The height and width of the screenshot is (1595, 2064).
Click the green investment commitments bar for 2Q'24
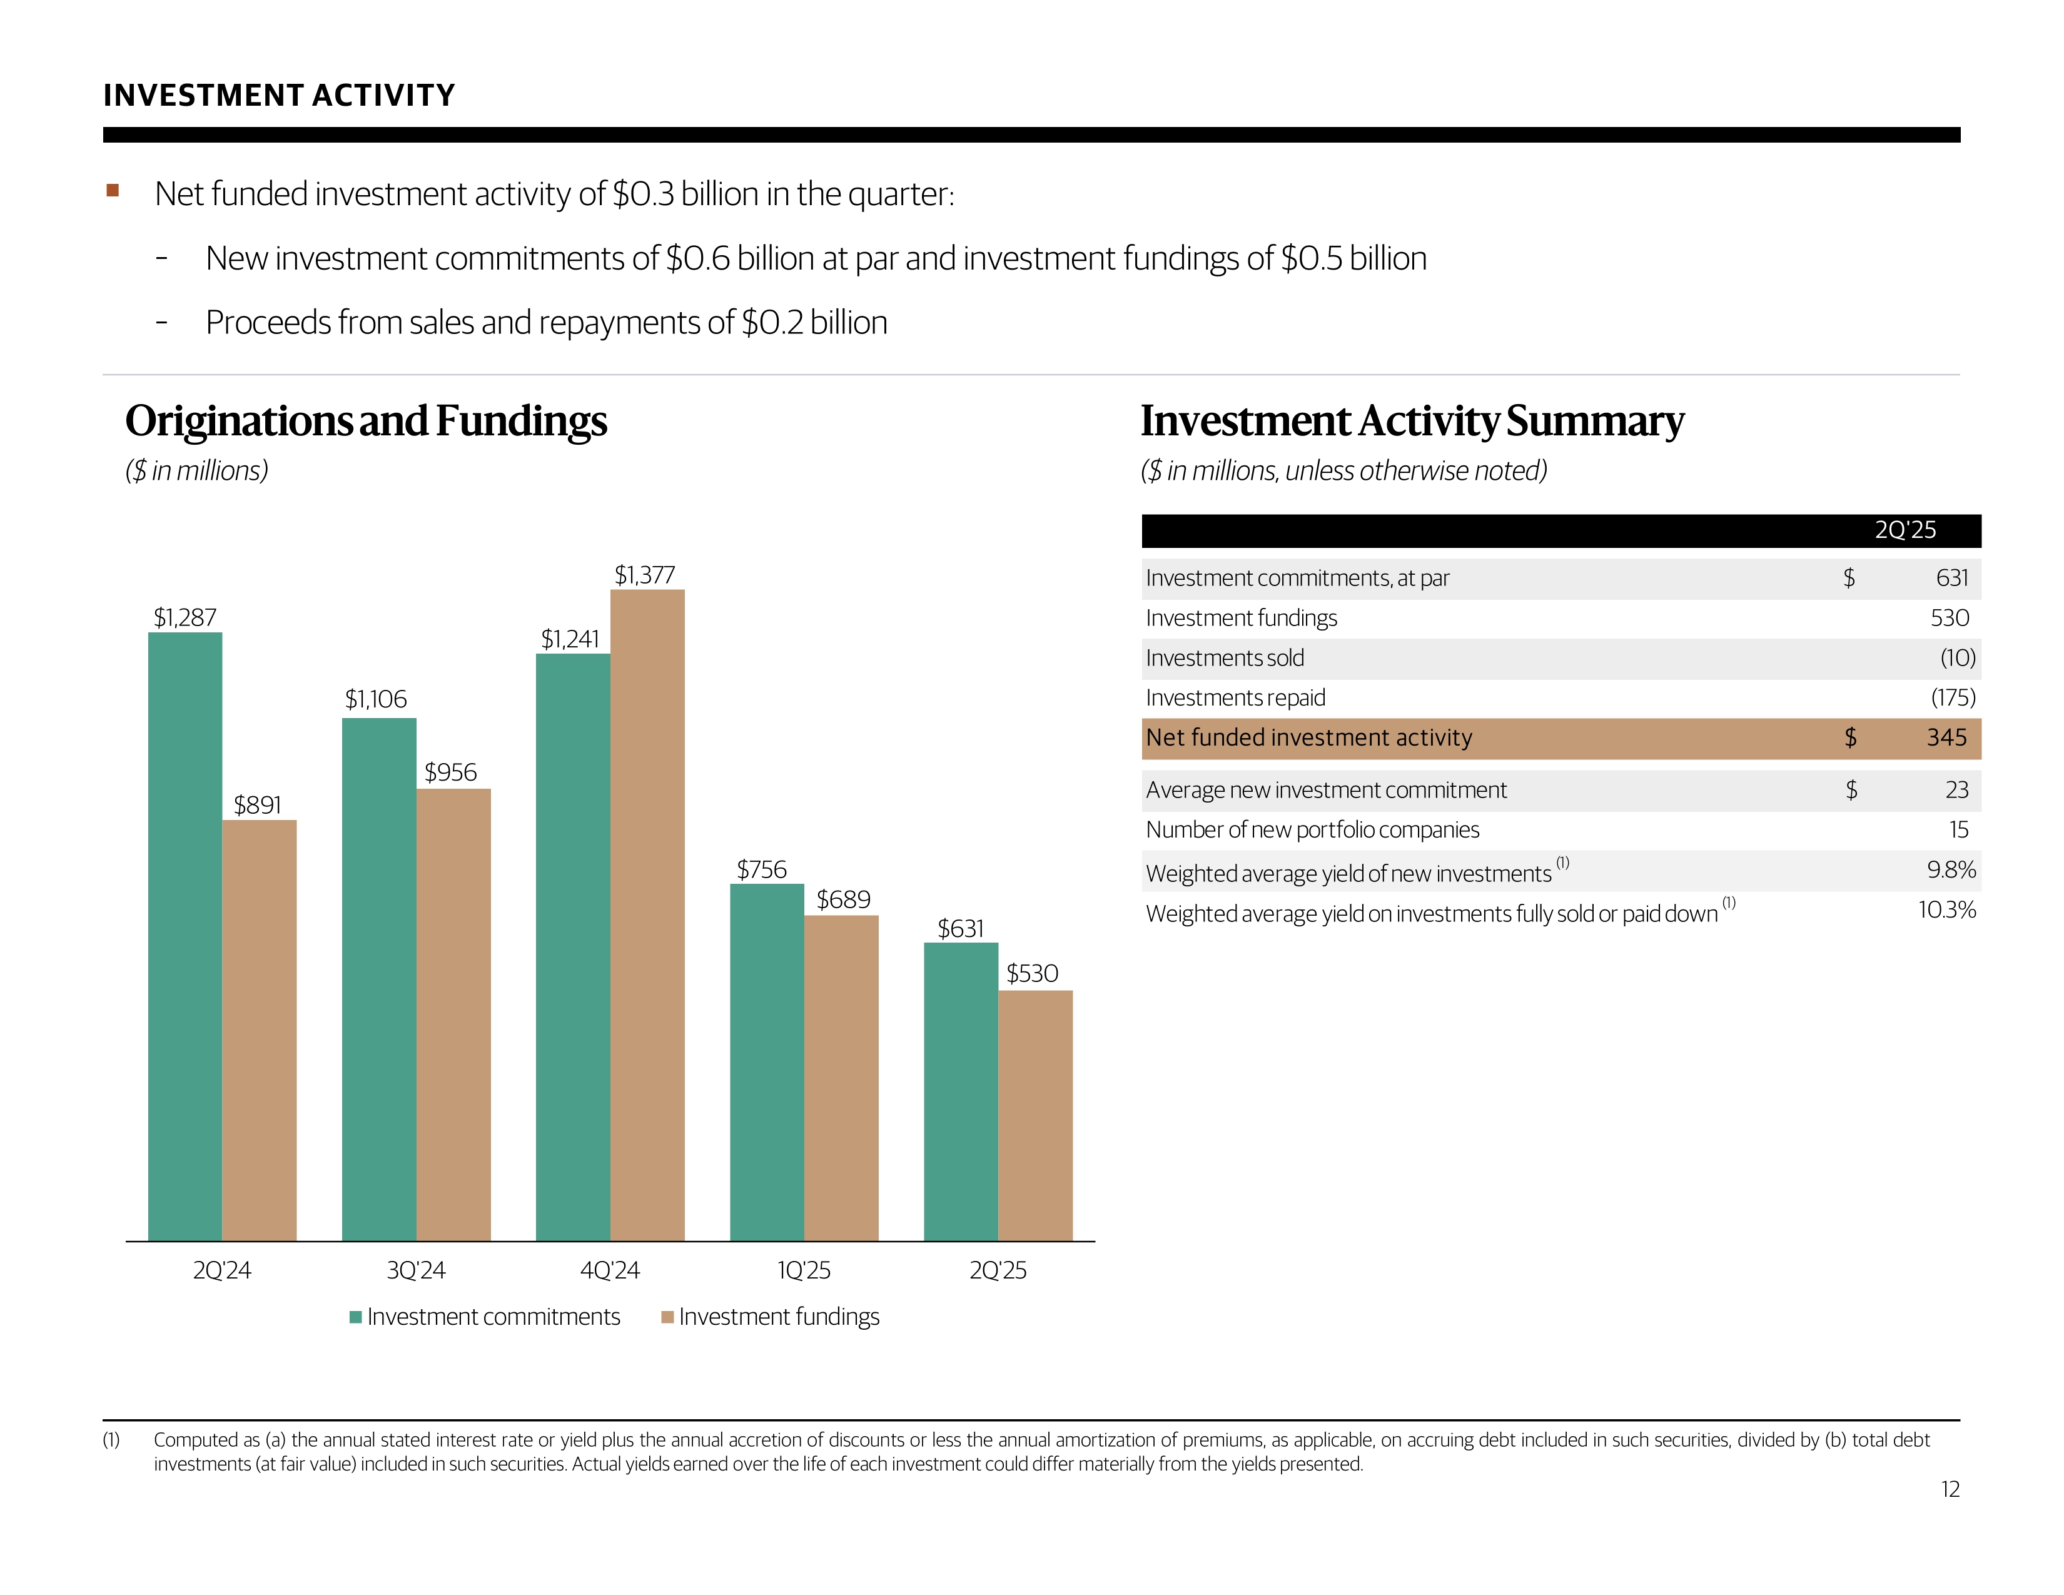coord(185,936)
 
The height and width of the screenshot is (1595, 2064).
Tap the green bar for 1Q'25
coord(766,1062)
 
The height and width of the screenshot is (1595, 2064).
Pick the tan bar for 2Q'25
coord(1035,1115)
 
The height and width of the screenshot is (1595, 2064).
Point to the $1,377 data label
coord(644,574)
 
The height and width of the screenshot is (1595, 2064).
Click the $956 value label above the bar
coord(451,772)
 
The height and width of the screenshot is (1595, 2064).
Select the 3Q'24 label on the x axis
coord(416,1270)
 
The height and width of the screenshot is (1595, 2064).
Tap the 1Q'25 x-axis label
coord(803,1270)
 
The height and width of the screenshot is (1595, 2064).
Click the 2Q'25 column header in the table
coord(1905,530)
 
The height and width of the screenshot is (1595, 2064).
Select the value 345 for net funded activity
coord(1947,737)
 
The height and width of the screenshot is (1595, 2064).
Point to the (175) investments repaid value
coord(1953,697)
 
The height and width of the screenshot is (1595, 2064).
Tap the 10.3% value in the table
coord(1947,910)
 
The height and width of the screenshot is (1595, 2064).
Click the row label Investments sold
coord(1225,657)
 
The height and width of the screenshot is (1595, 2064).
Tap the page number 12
coord(1950,1489)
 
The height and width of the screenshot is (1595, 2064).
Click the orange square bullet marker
coord(113,191)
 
